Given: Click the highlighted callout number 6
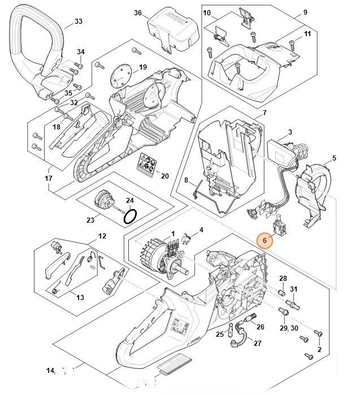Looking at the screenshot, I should [263, 240].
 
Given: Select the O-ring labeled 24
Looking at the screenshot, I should [130, 216].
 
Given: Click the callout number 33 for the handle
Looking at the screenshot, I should [79, 22].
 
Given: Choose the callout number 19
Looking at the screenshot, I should [142, 67].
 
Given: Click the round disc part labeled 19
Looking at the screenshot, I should [120, 74].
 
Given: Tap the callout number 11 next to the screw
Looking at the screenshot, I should [307, 34].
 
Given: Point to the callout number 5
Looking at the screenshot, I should [334, 158].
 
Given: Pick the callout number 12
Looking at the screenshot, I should [102, 236].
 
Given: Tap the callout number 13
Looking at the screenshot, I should [80, 297].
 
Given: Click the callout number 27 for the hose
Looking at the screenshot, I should [257, 343].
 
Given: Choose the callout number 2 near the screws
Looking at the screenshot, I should [319, 350].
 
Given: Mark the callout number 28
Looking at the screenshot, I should [283, 278].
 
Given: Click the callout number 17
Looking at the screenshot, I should [48, 178].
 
